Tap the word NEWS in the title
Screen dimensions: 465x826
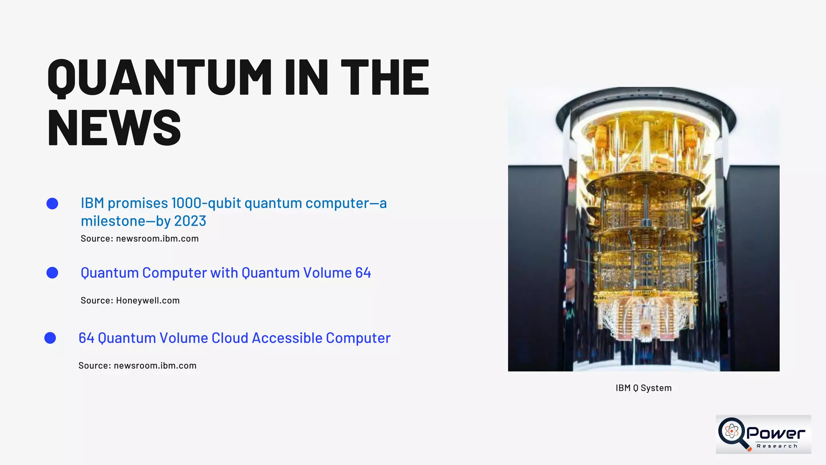coord(114,128)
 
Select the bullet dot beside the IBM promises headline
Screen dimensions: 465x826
coord(52,203)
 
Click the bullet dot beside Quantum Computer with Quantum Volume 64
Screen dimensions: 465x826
coord(52,273)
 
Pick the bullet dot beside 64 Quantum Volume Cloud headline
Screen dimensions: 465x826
coord(50,338)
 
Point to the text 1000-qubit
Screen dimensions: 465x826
coord(206,203)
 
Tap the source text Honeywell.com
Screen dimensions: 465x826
coord(148,300)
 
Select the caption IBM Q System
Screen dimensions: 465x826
coord(643,388)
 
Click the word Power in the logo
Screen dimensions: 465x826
coord(776,434)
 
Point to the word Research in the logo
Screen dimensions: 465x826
coord(777,446)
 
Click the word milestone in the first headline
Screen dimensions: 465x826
coord(113,221)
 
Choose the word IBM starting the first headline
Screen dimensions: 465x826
coord(92,203)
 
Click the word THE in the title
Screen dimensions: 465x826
coord(385,77)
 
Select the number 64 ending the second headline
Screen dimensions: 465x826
coord(363,273)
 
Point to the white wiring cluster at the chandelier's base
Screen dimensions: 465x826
coord(644,319)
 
